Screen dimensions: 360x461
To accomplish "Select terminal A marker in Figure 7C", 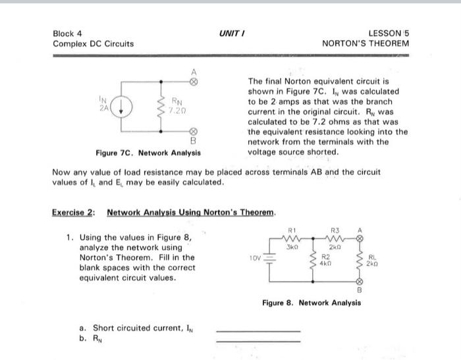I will [x=194, y=83].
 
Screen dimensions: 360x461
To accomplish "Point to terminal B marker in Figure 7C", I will [x=194, y=128].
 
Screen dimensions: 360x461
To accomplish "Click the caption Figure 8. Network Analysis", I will [x=311, y=303].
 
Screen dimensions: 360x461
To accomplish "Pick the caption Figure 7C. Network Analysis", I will [x=148, y=153].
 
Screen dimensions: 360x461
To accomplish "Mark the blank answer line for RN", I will [x=258, y=341].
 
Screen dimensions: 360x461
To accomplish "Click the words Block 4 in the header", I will [x=68, y=33].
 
